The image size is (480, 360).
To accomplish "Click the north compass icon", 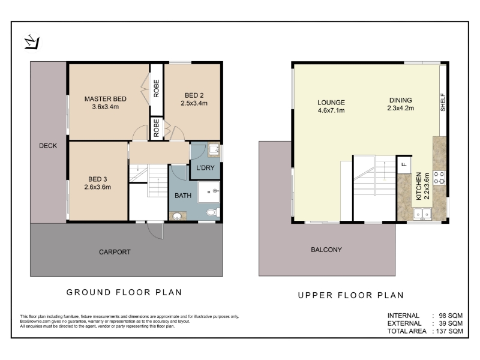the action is point(32,43).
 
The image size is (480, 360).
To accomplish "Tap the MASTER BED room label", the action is point(106,99).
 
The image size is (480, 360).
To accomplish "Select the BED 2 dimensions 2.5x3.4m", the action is point(194,103).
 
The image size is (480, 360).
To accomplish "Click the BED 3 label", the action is point(97,179).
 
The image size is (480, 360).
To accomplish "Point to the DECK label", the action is point(48,146).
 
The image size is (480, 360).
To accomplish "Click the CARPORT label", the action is point(115,252).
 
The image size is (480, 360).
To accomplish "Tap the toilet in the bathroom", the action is point(213,212).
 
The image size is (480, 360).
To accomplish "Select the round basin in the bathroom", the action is point(177,216).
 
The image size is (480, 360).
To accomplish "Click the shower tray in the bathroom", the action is point(208,192).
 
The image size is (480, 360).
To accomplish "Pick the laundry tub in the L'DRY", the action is point(214,149).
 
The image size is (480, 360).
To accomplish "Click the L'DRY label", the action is point(205,168).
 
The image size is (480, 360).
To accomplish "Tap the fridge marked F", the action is point(404,164).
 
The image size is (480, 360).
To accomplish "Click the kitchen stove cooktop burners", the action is point(439,178).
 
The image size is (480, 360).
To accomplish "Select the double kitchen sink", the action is point(422,214).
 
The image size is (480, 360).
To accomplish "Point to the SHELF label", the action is point(443,102).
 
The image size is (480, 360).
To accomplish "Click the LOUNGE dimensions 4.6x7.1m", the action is point(331,110).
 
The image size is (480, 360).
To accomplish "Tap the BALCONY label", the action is point(326,250).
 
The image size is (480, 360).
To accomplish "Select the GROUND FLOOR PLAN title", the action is point(124,292).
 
